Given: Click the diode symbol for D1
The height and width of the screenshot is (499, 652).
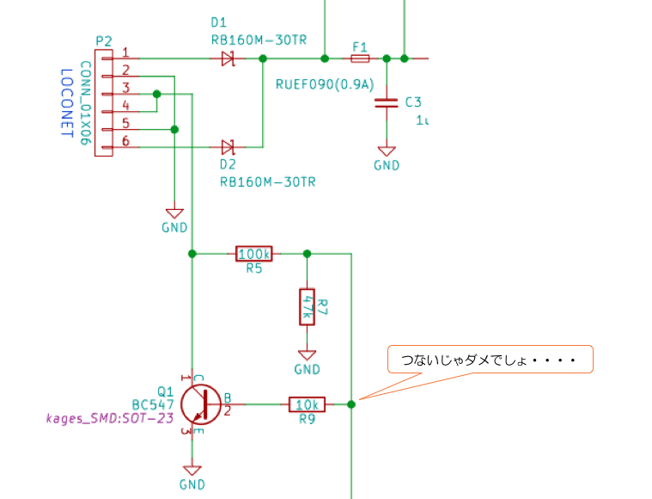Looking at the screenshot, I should (229, 59).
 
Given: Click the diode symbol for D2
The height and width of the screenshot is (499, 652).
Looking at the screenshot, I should (229, 148).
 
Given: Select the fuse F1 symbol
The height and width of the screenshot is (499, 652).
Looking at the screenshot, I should (360, 59).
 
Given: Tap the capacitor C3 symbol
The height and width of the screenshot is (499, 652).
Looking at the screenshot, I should (387, 103).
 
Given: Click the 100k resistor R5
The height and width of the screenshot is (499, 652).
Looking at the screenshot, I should (254, 254).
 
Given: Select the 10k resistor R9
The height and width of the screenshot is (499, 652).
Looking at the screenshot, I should (307, 404).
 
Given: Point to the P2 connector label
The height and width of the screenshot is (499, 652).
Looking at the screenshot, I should (104, 40).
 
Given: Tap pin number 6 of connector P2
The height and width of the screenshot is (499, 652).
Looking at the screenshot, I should (125, 141).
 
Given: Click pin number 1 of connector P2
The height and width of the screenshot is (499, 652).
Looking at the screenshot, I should (125, 52).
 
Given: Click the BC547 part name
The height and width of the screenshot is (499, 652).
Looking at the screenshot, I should (153, 404).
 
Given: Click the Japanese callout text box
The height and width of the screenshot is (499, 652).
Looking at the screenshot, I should (490, 359).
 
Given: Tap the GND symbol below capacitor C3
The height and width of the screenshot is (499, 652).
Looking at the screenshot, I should (387, 156).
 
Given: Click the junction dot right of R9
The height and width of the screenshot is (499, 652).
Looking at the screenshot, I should (351, 404).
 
